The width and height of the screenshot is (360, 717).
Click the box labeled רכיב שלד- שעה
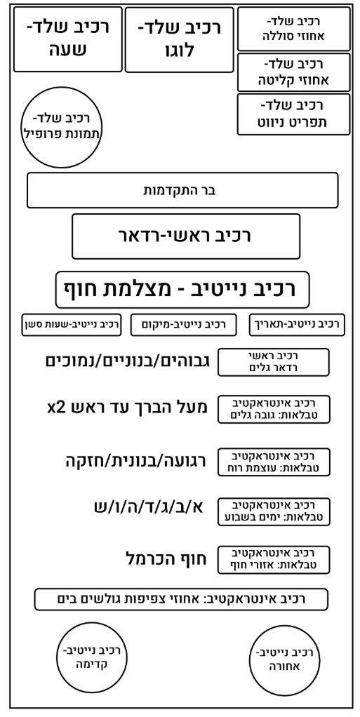tap(68, 39)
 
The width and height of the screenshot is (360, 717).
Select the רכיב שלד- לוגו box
tap(180, 39)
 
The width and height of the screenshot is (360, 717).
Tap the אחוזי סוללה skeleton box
tap(293, 28)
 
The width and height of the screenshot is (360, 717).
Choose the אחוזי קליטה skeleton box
tap(293, 72)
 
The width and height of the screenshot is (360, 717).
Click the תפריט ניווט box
tap(293, 114)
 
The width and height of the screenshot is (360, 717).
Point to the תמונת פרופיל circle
tap(61, 126)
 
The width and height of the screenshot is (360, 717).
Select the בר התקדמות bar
tap(182, 189)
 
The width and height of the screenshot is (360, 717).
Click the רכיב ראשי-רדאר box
tap(186, 236)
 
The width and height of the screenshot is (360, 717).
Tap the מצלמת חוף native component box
tap(182, 290)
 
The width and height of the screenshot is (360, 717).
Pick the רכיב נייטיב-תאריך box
tap(297, 325)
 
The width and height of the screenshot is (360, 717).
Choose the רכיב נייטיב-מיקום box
tap(184, 325)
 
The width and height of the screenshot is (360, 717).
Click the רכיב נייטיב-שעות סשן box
tap(72, 325)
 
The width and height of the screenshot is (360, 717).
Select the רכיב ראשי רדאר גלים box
tap(274, 362)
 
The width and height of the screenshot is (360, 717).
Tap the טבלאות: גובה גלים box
tap(274, 409)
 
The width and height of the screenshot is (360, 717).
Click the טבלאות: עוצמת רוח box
tap(274, 462)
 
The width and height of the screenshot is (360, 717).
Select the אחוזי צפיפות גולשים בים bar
tap(181, 599)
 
